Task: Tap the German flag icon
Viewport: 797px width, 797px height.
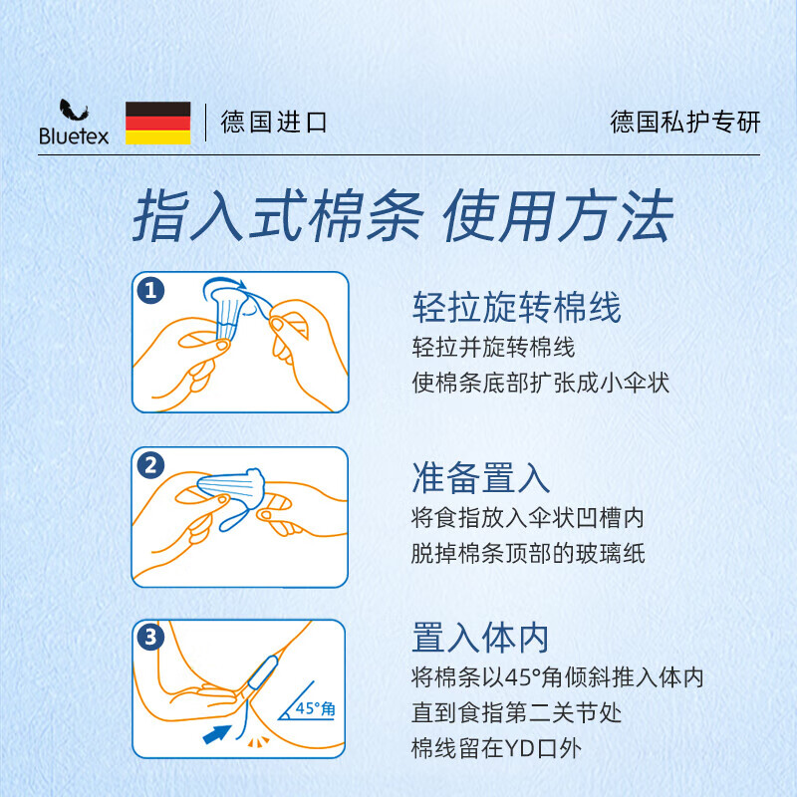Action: [x=157, y=123]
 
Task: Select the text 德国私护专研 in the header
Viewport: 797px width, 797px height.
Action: [x=684, y=123]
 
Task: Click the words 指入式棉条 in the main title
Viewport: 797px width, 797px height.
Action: [x=276, y=216]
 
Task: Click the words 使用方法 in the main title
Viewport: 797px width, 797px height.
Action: [x=558, y=216]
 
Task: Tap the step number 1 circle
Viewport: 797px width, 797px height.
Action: [x=150, y=291]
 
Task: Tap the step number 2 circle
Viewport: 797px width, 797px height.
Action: [x=150, y=465]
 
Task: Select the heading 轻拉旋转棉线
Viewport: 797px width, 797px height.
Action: [x=516, y=308]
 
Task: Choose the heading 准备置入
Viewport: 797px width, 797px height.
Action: [x=480, y=478]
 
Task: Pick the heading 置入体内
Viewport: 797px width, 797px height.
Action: [x=480, y=638]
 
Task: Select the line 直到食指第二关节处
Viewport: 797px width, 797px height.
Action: [x=517, y=713]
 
